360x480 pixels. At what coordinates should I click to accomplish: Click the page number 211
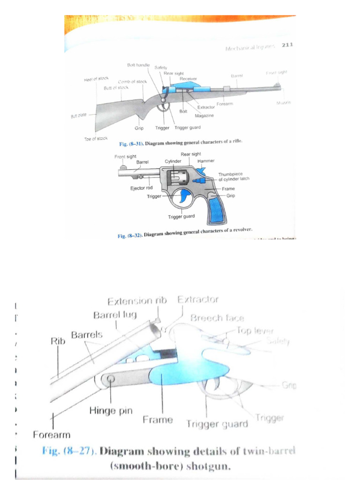pos(287,45)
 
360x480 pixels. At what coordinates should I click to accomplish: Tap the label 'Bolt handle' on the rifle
pos(138,64)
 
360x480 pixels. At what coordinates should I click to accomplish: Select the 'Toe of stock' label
pos(96,139)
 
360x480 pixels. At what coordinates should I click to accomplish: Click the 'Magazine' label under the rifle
pos(204,115)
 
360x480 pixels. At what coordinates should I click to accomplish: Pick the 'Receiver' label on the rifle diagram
pos(188,79)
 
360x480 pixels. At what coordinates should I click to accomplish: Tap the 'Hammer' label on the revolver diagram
pos(206,161)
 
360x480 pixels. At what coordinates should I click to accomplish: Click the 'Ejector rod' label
pos(141,188)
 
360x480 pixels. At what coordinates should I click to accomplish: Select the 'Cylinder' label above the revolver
pos(173,161)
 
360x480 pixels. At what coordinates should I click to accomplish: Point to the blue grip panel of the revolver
pos(217,210)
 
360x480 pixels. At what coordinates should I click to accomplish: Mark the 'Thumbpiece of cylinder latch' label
pos(233,176)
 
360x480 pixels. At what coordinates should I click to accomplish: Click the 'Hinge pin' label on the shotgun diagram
pos(111,411)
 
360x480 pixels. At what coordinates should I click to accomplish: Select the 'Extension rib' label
pos(137,300)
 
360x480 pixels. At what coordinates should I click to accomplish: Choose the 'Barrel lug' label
pos(115,315)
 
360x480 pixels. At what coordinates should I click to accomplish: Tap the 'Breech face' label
pos(217,318)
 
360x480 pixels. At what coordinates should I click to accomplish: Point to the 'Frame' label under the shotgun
pos(157,420)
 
